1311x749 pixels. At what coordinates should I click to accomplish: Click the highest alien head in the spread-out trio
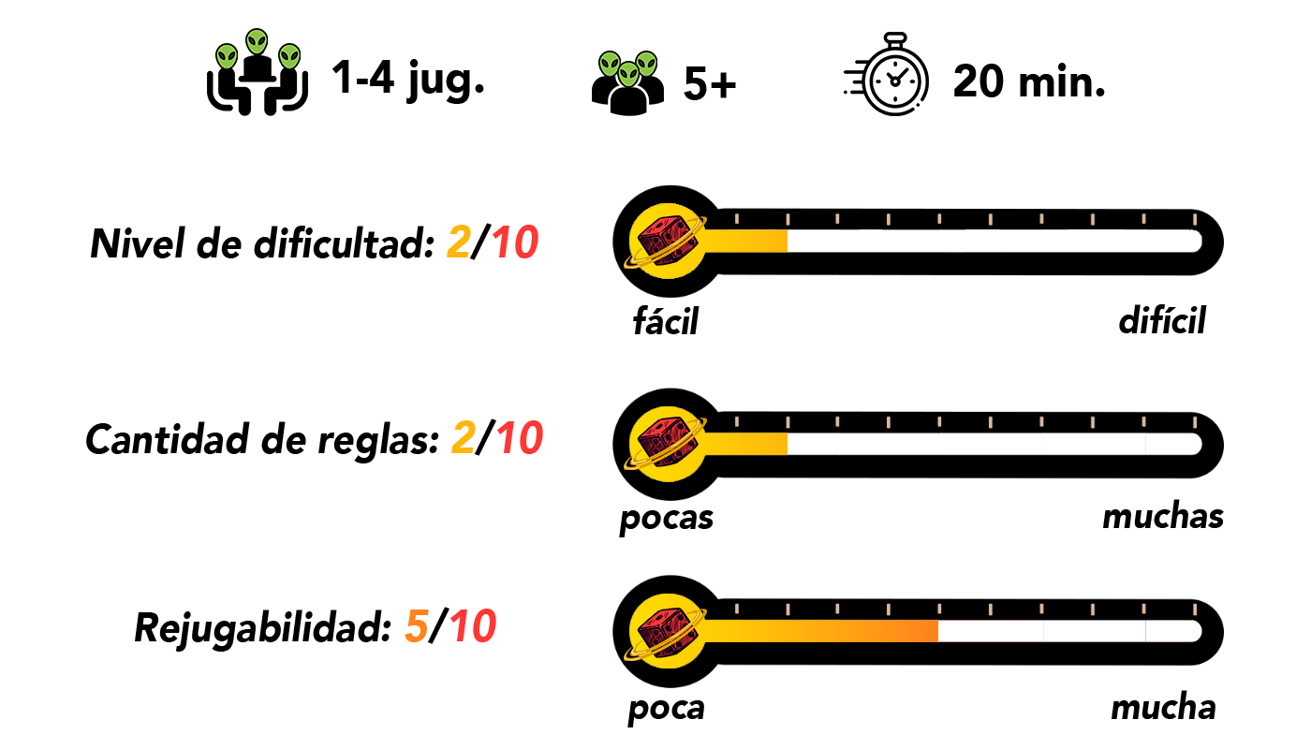tap(257, 41)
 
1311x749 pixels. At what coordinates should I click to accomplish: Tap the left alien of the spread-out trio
tap(227, 57)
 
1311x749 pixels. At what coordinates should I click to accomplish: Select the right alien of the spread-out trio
tap(289, 57)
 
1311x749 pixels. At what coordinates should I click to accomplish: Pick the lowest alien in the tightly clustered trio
tap(628, 74)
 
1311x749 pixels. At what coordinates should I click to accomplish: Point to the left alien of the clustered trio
tap(610, 65)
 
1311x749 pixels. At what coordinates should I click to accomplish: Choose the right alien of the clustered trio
tap(646, 65)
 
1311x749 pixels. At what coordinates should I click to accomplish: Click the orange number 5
tap(417, 626)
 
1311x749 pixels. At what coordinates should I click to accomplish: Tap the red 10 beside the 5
tap(473, 626)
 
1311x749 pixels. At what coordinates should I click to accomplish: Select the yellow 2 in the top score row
tap(459, 242)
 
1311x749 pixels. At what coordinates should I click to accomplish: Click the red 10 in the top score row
tap(515, 242)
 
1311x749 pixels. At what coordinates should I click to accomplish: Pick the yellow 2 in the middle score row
tap(464, 437)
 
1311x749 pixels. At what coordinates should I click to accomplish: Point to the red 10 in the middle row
tap(520, 437)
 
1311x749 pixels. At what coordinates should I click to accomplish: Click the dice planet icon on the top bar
tap(667, 242)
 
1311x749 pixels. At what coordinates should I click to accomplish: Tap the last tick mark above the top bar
tap(1194, 219)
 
